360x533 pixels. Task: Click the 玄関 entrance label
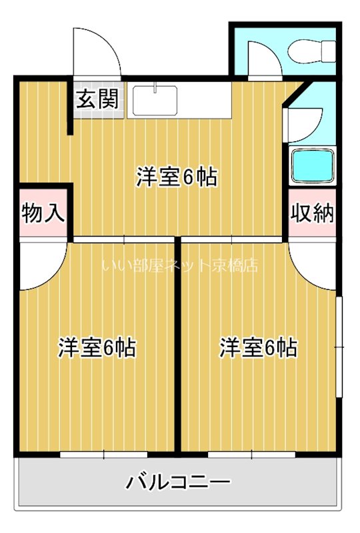[97, 100]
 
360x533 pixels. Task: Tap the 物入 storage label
[43, 214]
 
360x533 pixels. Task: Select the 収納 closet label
[311, 214]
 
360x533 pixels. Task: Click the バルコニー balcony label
[178, 481]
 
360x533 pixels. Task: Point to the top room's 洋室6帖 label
[178, 177]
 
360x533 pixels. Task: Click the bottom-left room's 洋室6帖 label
[97, 347]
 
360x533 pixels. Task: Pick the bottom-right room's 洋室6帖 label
[259, 347]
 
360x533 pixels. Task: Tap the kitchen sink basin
[155, 101]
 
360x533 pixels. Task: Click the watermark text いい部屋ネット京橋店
[180, 266]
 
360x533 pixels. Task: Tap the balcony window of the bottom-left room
[104, 455]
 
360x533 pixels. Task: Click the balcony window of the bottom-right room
[251, 455]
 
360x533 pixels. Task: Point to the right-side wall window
[339, 347]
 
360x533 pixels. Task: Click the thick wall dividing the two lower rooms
[178, 346]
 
